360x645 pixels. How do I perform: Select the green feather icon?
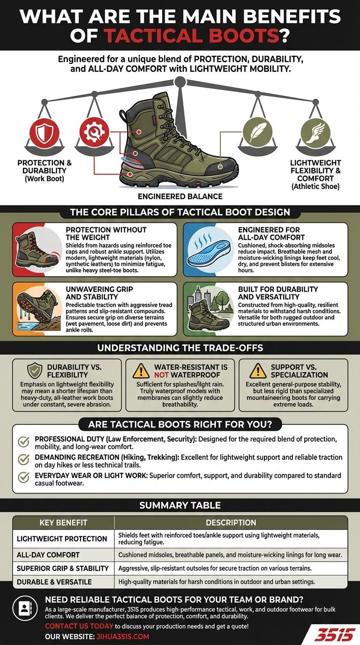click(x=256, y=133)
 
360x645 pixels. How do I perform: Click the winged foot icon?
click(x=315, y=133)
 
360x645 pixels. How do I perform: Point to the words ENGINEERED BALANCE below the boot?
click(x=180, y=196)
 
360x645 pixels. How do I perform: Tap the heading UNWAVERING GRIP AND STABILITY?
click(x=92, y=293)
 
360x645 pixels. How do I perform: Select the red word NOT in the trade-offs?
click(x=161, y=375)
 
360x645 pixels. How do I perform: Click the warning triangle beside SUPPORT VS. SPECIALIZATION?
click(x=258, y=370)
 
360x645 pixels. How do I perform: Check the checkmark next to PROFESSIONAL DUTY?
click(x=23, y=442)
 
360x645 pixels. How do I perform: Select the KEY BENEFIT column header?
click(x=63, y=523)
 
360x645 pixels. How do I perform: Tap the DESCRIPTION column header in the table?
click(x=231, y=523)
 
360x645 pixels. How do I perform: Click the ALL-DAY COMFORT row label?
click(x=48, y=555)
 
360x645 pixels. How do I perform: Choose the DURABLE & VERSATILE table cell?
click(x=54, y=582)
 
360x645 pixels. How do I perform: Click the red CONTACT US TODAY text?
click(x=79, y=626)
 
